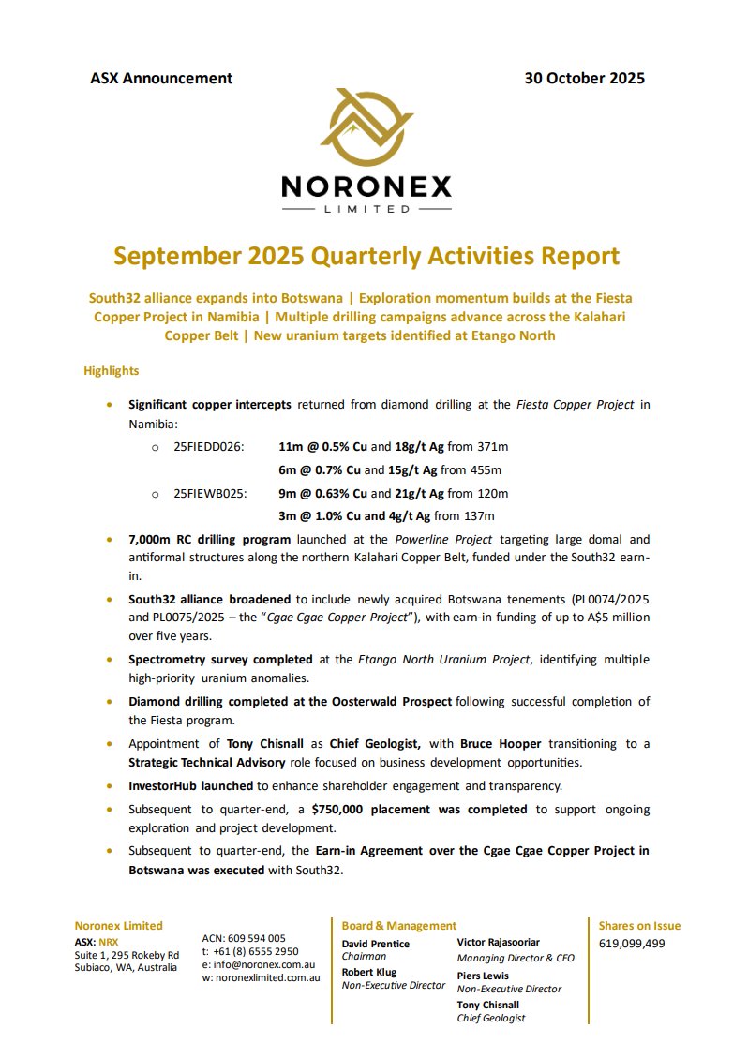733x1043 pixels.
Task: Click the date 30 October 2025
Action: pyautogui.click(x=584, y=79)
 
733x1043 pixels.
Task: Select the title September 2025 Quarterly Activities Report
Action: pyautogui.click(x=366, y=256)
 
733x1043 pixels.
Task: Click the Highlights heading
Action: pyautogui.click(x=112, y=371)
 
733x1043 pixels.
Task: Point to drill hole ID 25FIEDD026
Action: pyautogui.click(x=209, y=446)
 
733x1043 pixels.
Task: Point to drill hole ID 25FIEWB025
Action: pyautogui.click(x=210, y=493)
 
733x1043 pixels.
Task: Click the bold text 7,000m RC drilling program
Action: pyautogui.click(x=210, y=540)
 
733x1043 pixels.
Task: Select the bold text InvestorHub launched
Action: pyautogui.click(x=191, y=786)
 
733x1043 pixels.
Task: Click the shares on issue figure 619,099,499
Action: pyautogui.click(x=632, y=944)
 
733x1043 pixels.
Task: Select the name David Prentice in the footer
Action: pyautogui.click(x=375, y=944)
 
